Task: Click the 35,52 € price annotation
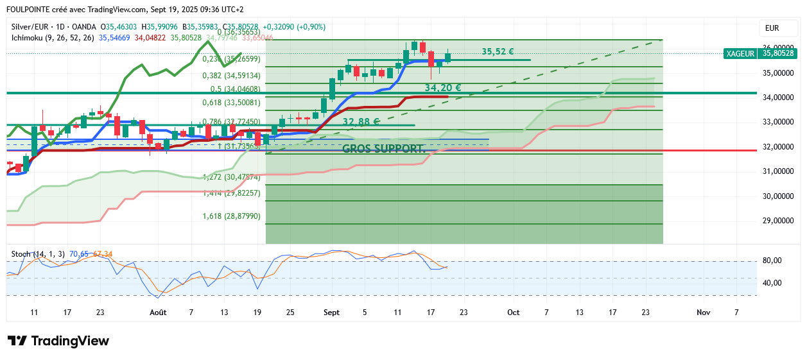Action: click(x=498, y=51)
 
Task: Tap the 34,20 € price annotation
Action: click(x=442, y=87)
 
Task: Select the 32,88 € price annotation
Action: click(x=361, y=121)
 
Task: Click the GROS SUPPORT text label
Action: click(x=384, y=149)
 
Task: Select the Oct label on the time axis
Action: click(x=513, y=313)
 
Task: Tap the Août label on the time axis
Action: click(x=158, y=313)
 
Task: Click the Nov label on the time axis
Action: click(x=703, y=313)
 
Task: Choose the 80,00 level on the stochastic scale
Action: click(x=772, y=261)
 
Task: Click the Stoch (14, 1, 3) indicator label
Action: click(x=37, y=254)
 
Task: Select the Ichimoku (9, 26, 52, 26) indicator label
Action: click(x=53, y=38)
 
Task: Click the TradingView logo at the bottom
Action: click(x=58, y=341)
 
